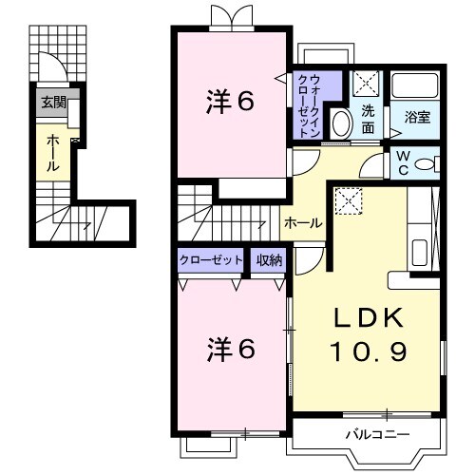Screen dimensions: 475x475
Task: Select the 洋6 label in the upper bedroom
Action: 231,102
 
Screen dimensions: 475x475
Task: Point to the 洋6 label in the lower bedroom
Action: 231,351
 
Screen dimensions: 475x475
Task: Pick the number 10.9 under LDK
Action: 369,352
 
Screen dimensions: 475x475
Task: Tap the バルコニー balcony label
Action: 376,435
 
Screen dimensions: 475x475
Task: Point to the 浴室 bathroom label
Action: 418,118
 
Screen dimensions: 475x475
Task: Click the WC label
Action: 403,163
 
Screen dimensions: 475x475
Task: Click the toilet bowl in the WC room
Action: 426,163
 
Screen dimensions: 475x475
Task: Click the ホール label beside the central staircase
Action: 302,222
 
